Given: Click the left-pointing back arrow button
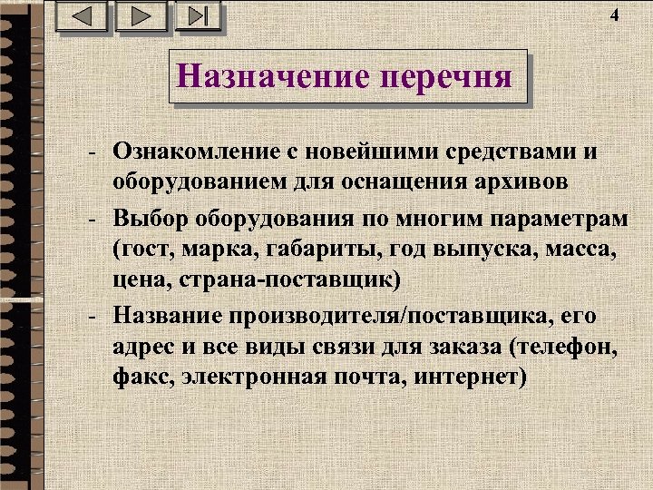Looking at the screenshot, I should [82, 17].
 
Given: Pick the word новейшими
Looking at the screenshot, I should [381, 151].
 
